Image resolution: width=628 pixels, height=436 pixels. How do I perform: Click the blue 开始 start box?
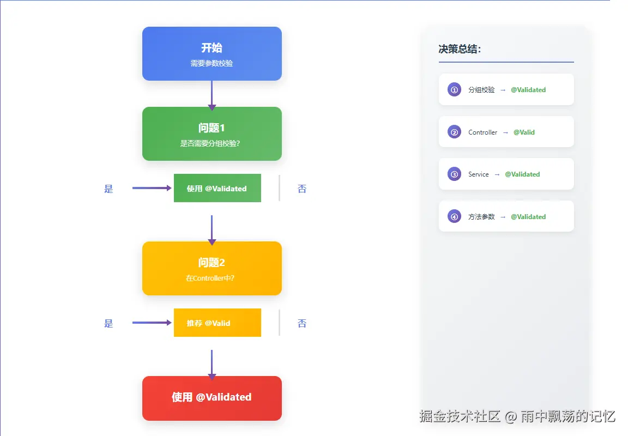tap(212, 53)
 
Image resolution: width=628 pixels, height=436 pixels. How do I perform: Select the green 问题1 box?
tap(212, 134)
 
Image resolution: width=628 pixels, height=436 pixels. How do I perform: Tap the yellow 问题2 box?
tap(212, 268)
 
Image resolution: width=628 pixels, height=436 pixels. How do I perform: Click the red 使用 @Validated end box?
tap(212, 398)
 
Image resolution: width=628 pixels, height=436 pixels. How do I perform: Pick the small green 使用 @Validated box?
tap(217, 189)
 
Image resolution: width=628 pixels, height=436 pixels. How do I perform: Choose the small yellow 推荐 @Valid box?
tap(217, 323)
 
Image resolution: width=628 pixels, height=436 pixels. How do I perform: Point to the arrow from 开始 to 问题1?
tap(212, 95)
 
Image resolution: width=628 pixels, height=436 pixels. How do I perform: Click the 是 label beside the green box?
tap(108, 189)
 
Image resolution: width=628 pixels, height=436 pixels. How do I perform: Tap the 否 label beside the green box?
tap(302, 189)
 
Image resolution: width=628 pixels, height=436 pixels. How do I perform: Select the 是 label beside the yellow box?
tap(108, 324)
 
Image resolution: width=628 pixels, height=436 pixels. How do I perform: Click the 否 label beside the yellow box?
tap(302, 324)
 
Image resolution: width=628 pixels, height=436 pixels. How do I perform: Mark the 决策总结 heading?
tap(460, 50)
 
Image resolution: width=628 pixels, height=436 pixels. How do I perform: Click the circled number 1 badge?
tap(454, 89)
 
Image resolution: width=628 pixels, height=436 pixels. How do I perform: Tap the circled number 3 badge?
tap(454, 174)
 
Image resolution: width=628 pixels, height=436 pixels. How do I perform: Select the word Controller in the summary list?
tap(482, 132)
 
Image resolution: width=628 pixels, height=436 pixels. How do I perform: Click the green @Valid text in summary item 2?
tap(524, 132)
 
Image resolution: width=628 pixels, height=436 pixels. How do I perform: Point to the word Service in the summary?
tap(478, 174)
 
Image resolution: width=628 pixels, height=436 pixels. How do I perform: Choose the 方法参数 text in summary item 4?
tap(481, 217)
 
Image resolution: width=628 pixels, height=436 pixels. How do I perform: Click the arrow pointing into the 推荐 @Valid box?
tap(152, 323)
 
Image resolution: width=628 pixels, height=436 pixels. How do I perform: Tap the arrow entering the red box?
tap(212, 364)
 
